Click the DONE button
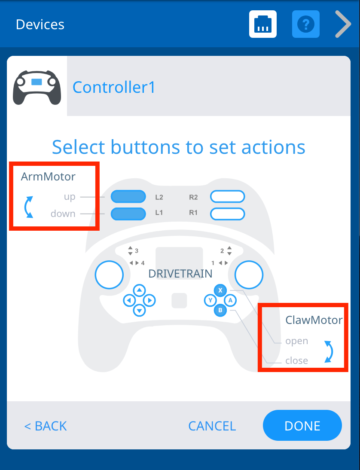302,425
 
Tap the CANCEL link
212,426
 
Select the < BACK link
46,426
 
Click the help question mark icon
306,24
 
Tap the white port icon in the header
263,24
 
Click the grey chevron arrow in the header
343,24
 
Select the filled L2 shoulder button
128,197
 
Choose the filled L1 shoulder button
128,214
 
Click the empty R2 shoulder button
228,197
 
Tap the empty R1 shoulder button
228,214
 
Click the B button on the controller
220,310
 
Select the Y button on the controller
211,300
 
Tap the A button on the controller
230,300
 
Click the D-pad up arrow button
139,290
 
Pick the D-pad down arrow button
139,310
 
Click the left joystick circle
109,275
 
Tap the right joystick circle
249,275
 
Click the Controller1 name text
114,87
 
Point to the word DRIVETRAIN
180,274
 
